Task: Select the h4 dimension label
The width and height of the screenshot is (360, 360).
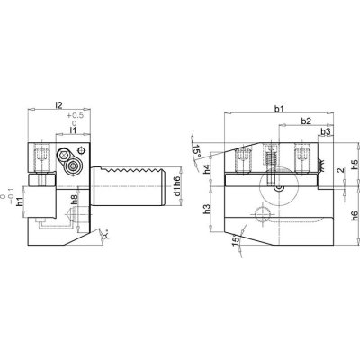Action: [x=208, y=169]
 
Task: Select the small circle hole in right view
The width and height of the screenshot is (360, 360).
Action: [x=262, y=213]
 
